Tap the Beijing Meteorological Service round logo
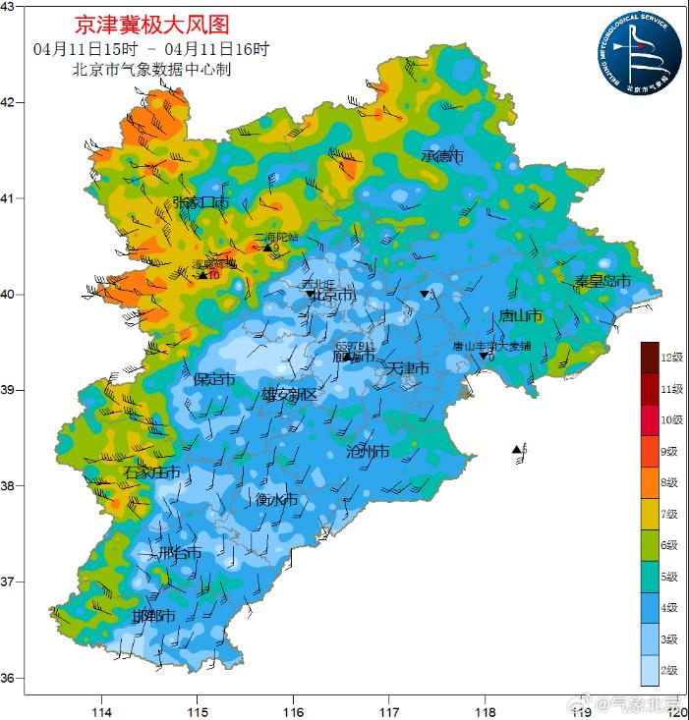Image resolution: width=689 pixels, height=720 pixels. click(636, 51)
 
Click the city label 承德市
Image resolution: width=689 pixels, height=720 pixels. click(441, 156)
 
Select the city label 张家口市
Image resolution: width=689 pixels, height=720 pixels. click(201, 202)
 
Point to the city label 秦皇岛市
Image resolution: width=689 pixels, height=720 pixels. click(602, 281)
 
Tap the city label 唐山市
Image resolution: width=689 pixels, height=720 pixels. click(521, 315)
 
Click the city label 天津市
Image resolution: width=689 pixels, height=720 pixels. click(407, 368)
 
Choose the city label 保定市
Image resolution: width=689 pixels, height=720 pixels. click(213, 379)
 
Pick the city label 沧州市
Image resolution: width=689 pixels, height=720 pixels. click(368, 452)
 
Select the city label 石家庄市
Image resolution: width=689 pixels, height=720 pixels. click(152, 472)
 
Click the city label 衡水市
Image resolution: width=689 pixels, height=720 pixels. click(276, 499)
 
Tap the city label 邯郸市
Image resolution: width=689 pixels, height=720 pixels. click(153, 617)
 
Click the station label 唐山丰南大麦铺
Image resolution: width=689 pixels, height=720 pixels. click(491, 346)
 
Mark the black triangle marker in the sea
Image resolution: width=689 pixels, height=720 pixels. click(517, 450)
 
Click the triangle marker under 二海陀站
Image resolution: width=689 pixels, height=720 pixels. click(266, 248)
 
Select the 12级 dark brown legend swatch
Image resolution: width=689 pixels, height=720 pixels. click(649, 357)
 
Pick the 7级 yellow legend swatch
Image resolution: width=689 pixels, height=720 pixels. click(649, 514)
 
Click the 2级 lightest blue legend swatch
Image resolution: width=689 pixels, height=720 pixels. click(649, 670)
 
